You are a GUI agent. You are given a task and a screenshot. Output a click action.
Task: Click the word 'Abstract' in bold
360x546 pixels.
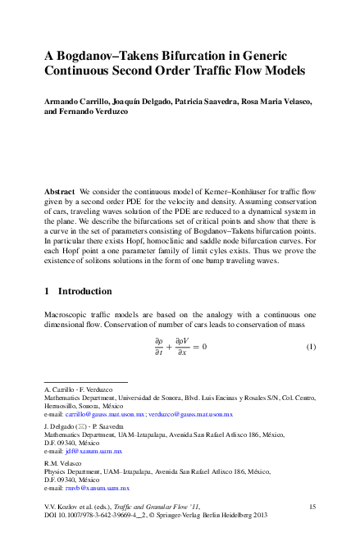tap(61, 190)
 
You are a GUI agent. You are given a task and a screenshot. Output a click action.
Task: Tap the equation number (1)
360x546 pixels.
tap(311, 347)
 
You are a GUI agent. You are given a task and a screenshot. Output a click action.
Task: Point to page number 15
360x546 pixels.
tap(312, 508)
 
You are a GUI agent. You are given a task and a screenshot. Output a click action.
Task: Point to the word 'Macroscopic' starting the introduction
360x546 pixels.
tap(66, 315)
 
